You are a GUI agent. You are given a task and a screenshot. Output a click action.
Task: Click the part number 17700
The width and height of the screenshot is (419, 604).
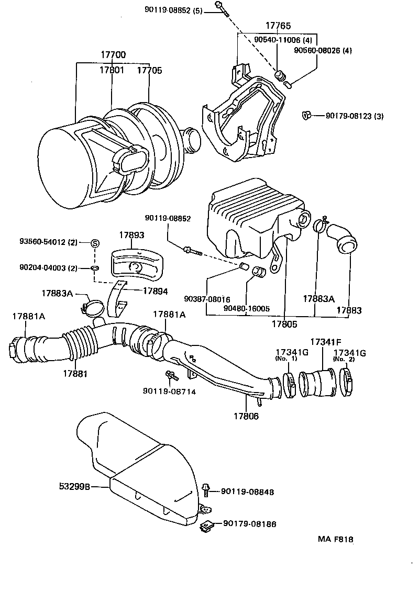tap(114, 55)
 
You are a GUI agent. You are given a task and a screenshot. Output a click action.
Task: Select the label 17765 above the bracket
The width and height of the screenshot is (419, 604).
tap(278, 26)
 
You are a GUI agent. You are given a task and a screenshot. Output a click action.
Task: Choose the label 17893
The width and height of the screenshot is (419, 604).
tap(131, 236)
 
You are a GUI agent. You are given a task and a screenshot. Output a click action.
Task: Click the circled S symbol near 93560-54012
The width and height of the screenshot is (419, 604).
tap(95, 242)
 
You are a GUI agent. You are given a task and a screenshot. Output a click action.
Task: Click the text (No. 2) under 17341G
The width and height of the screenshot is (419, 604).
tap(344, 359)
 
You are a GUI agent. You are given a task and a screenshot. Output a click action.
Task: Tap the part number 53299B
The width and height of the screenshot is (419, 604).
tap(75, 486)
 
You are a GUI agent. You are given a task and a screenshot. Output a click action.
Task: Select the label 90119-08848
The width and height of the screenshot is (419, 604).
tap(247, 491)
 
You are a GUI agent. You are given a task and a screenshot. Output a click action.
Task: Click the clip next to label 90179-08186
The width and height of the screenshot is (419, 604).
tap(206, 525)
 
